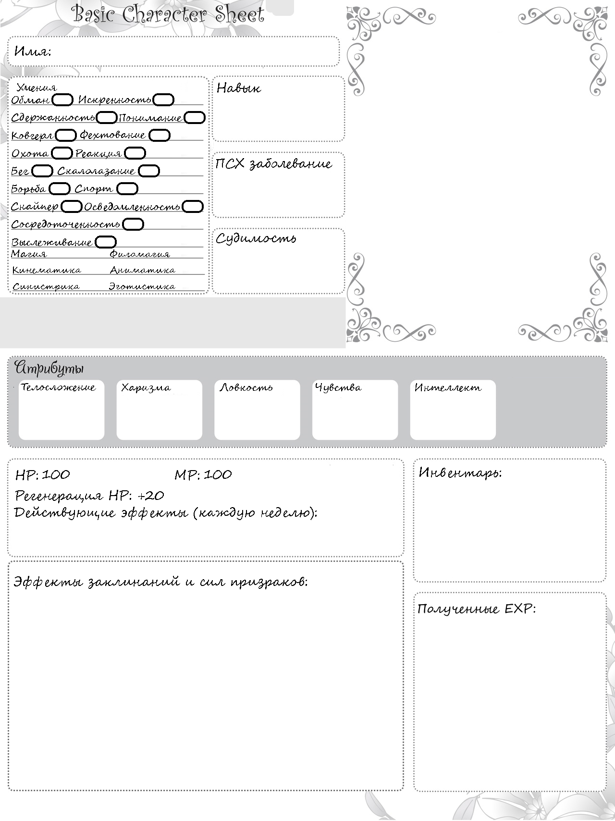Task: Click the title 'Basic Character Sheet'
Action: [168, 14]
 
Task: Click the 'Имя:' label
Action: [33, 51]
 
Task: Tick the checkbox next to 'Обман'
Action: [62, 100]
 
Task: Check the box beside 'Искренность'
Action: [164, 100]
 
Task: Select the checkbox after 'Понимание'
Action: [195, 118]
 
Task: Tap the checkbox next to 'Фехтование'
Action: [160, 136]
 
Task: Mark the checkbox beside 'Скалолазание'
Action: [148, 171]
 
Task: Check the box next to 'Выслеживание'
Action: [106, 242]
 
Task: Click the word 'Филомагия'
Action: [140, 254]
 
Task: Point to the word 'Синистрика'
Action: [46, 286]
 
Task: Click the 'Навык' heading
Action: [239, 88]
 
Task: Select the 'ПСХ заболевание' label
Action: [273, 164]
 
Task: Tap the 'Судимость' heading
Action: [256, 238]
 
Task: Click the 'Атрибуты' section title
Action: [49, 369]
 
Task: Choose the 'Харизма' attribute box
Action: [159, 410]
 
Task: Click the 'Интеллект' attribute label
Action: [448, 387]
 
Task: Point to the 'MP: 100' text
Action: [203, 475]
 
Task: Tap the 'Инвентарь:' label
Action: [460, 473]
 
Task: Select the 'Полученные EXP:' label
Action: [476, 609]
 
